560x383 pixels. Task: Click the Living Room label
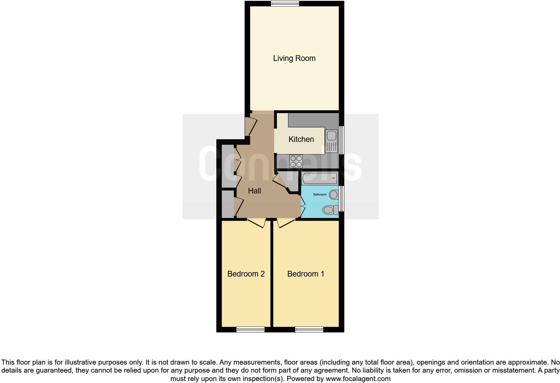point(294,58)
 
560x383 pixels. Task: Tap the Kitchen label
point(301,139)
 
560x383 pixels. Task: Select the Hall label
point(255,191)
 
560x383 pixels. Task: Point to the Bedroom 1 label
point(305,274)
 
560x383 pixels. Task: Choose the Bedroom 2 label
point(246,274)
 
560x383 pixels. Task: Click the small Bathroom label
point(320,195)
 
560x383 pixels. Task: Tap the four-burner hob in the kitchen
point(296,161)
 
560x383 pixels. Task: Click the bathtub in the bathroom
point(320,178)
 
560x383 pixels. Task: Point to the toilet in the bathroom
point(330,210)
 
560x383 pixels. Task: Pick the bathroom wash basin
point(334,194)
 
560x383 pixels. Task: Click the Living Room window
point(285,4)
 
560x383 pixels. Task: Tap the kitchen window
point(342,140)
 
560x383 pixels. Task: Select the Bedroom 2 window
point(251,330)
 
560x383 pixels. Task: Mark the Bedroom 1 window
point(309,330)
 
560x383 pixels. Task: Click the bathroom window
point(342,199)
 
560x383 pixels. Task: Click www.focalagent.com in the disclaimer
point(358,379)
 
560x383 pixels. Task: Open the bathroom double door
point(302,206)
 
